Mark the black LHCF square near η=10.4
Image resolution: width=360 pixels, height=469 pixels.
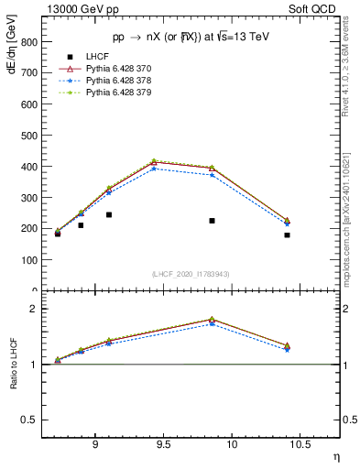point(287,235)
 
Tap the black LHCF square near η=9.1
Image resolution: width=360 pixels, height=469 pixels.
point(109,215)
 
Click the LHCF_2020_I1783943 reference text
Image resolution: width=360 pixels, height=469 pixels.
point(190,274)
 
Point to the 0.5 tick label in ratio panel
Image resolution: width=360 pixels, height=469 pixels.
point(29,420)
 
